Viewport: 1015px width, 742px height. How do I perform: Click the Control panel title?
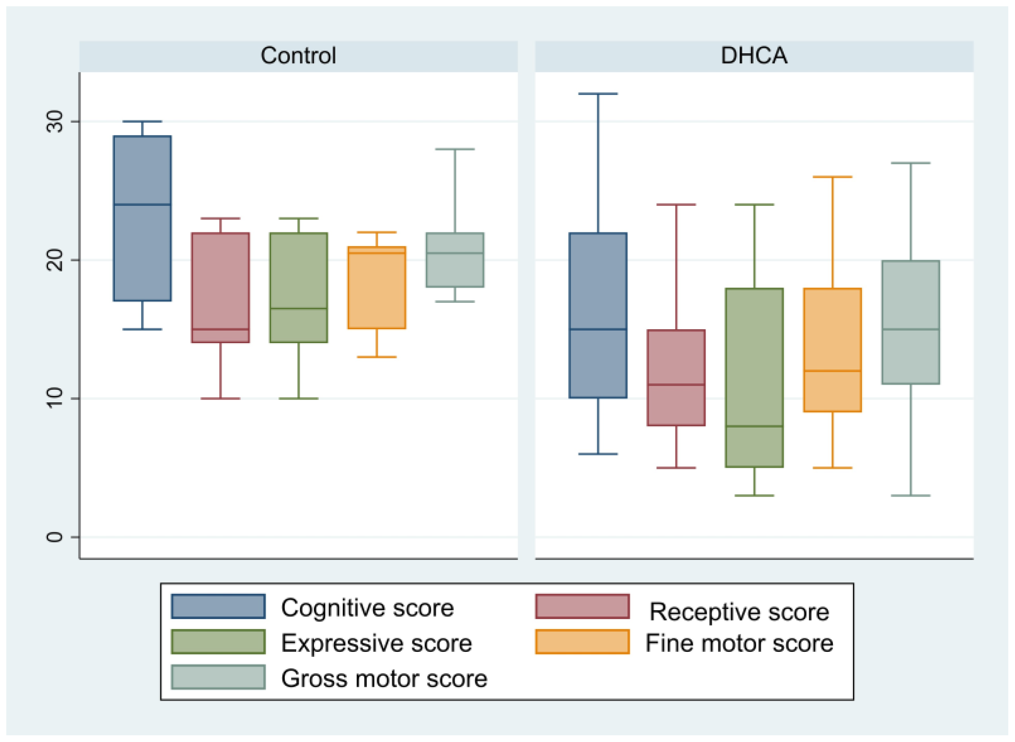pos(298,56)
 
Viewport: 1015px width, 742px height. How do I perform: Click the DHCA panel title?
pos(754,56)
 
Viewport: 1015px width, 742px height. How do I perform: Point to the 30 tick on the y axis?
pos(55,121)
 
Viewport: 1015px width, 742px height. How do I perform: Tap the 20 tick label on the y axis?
pos(55,260)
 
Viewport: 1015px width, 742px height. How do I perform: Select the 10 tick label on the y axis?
pos(55,398)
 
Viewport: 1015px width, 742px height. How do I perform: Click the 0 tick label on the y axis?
pos(55,537)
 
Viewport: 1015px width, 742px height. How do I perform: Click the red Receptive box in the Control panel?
pos(220,287)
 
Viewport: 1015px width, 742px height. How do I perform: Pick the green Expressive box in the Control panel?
pos(298,287)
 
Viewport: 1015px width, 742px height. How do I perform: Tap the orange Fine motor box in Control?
pos(376,287)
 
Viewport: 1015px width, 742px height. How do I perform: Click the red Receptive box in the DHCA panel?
pos(676,377)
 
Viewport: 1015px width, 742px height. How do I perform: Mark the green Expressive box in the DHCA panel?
pos(754,377)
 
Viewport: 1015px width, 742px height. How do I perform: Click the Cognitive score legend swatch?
pos(218,607)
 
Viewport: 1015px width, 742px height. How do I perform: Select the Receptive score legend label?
pos(739,612)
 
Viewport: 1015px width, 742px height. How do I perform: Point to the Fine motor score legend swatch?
pos(582,642)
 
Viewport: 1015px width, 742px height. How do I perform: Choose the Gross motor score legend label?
pos(384,678)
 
